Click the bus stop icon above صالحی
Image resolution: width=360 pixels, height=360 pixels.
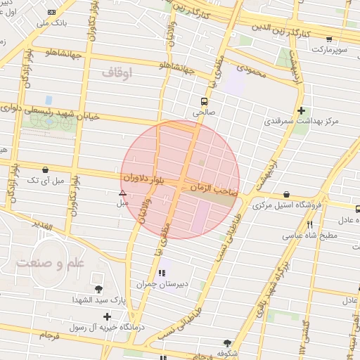pyautogui.click(x=204, y=101)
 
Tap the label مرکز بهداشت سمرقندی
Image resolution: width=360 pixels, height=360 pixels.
pyautogui.click(x=301, y=121)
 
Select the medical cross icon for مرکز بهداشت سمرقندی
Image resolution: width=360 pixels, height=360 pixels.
pyautogui.click(x=301, y=110)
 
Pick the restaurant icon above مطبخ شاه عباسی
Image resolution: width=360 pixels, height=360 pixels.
pyautogui.click(x=309, y=224)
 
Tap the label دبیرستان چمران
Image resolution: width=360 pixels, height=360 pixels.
pyautogui.click(x=163, y=284)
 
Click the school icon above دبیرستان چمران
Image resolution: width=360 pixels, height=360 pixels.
pyautogui.click(x=162, y=273)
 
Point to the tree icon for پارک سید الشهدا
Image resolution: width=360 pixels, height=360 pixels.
pyautogui.click(x=98, y=289)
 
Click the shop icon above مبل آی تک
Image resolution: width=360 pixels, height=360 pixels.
pyautogui.click(x=46, y=169)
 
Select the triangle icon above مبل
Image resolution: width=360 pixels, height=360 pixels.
pyautogui.click(x=122, y=192)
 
